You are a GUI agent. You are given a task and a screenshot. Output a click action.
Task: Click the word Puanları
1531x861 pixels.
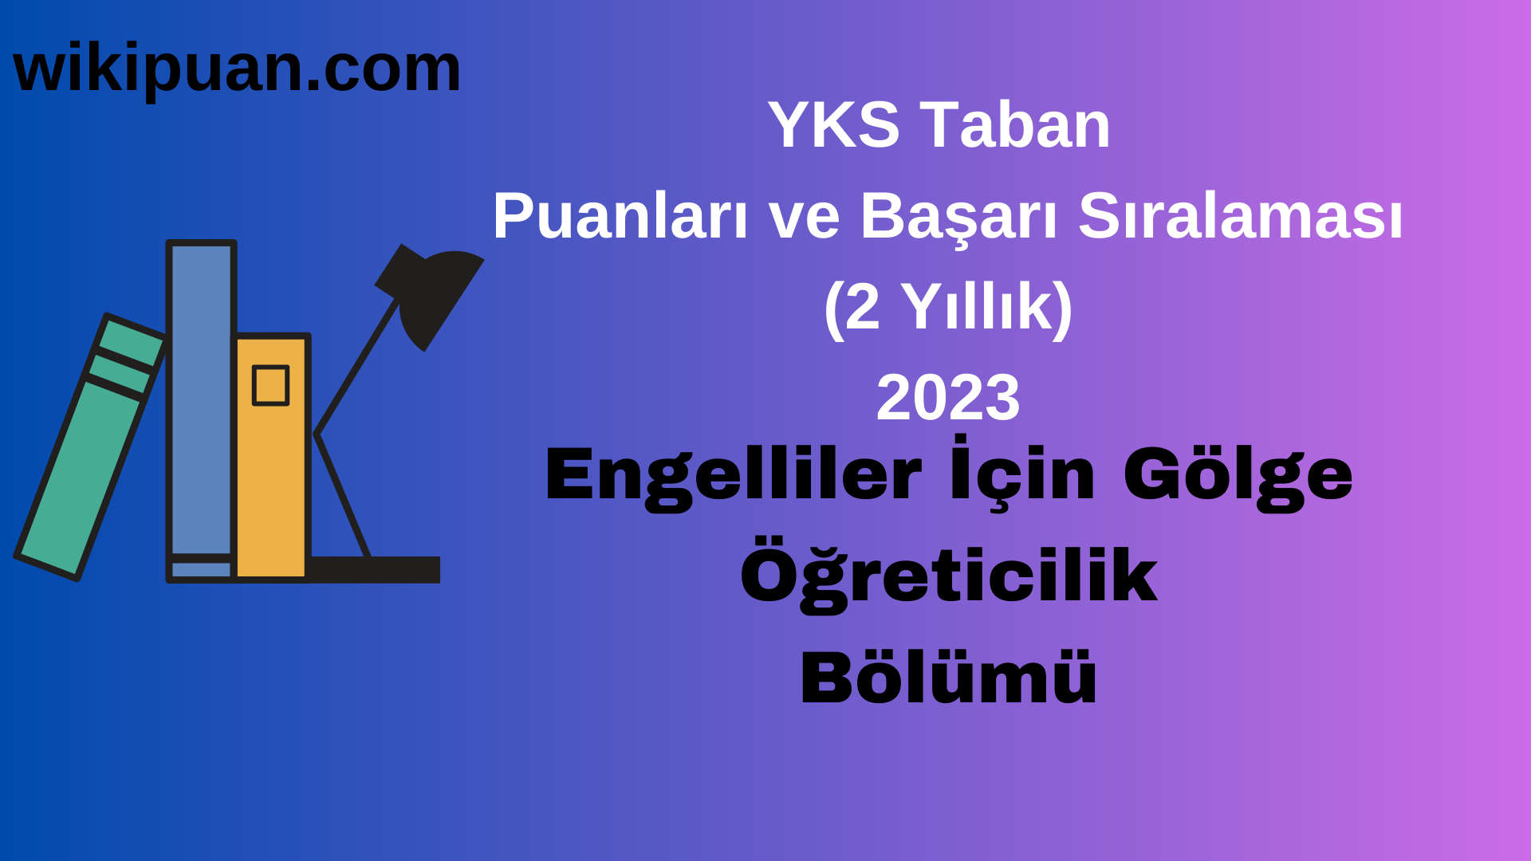(x=620, y=217)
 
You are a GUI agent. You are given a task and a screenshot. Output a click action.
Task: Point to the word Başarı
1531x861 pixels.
(x=958, y=217)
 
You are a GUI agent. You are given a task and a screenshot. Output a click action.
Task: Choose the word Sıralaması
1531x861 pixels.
(x=1240, y=217)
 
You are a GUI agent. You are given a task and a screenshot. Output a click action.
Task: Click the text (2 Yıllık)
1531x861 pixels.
(x=948, y=307)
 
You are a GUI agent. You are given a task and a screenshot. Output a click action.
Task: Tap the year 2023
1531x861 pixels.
(x=948, y=398)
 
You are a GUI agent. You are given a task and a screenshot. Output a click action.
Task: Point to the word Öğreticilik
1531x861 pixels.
(x=948, y=576)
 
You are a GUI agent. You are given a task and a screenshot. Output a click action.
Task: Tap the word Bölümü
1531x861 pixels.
(x=948, y=677)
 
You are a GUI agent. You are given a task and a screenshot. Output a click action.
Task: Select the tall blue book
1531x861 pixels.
(x=201, y=399)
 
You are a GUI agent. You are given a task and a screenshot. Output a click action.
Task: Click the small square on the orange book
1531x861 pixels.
(x=270, y=386)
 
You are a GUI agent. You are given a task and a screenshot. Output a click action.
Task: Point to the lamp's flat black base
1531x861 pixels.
(x=375, y=569)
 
